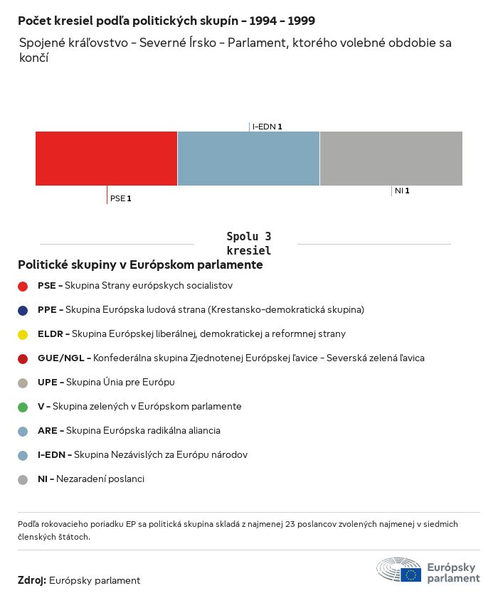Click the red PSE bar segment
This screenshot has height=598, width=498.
point(106,158)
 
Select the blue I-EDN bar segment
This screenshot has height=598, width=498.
point(248,158)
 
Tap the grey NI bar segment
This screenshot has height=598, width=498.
point(391,158)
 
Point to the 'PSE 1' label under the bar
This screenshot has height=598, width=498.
point(121,198)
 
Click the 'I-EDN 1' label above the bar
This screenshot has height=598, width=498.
point(267,127)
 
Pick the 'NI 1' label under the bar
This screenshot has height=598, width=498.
point(402,191)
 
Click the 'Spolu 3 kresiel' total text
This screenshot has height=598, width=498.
point(248,243)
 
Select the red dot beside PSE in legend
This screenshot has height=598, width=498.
point(23,286)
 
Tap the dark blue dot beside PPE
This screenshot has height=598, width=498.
point(23,310)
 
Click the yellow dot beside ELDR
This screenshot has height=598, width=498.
point(23,334)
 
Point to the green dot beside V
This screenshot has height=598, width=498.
point(23,407)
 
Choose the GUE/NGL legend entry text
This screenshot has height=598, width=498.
point(231,358)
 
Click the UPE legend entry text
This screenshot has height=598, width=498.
point(106,382)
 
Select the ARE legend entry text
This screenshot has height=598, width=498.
point(129,430)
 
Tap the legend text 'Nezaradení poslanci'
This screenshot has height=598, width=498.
point(100,479)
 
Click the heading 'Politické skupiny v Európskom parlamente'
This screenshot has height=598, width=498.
point(140,265)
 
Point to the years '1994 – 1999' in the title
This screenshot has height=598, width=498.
point(282,21)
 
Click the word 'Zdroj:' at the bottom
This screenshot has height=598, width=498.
point(32,580)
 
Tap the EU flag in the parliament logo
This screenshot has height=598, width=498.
point(410,574)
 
